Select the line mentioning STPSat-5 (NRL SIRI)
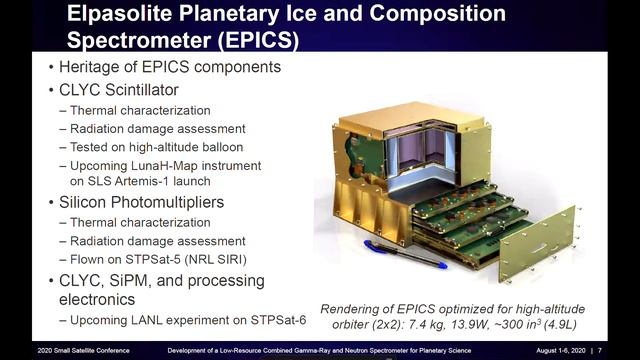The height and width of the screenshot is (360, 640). (x=177, y=258)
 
